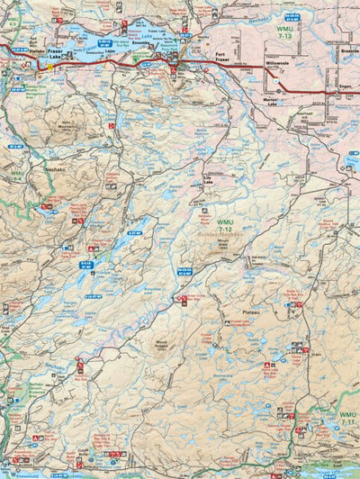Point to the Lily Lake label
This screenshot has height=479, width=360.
tap(210, 179)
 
